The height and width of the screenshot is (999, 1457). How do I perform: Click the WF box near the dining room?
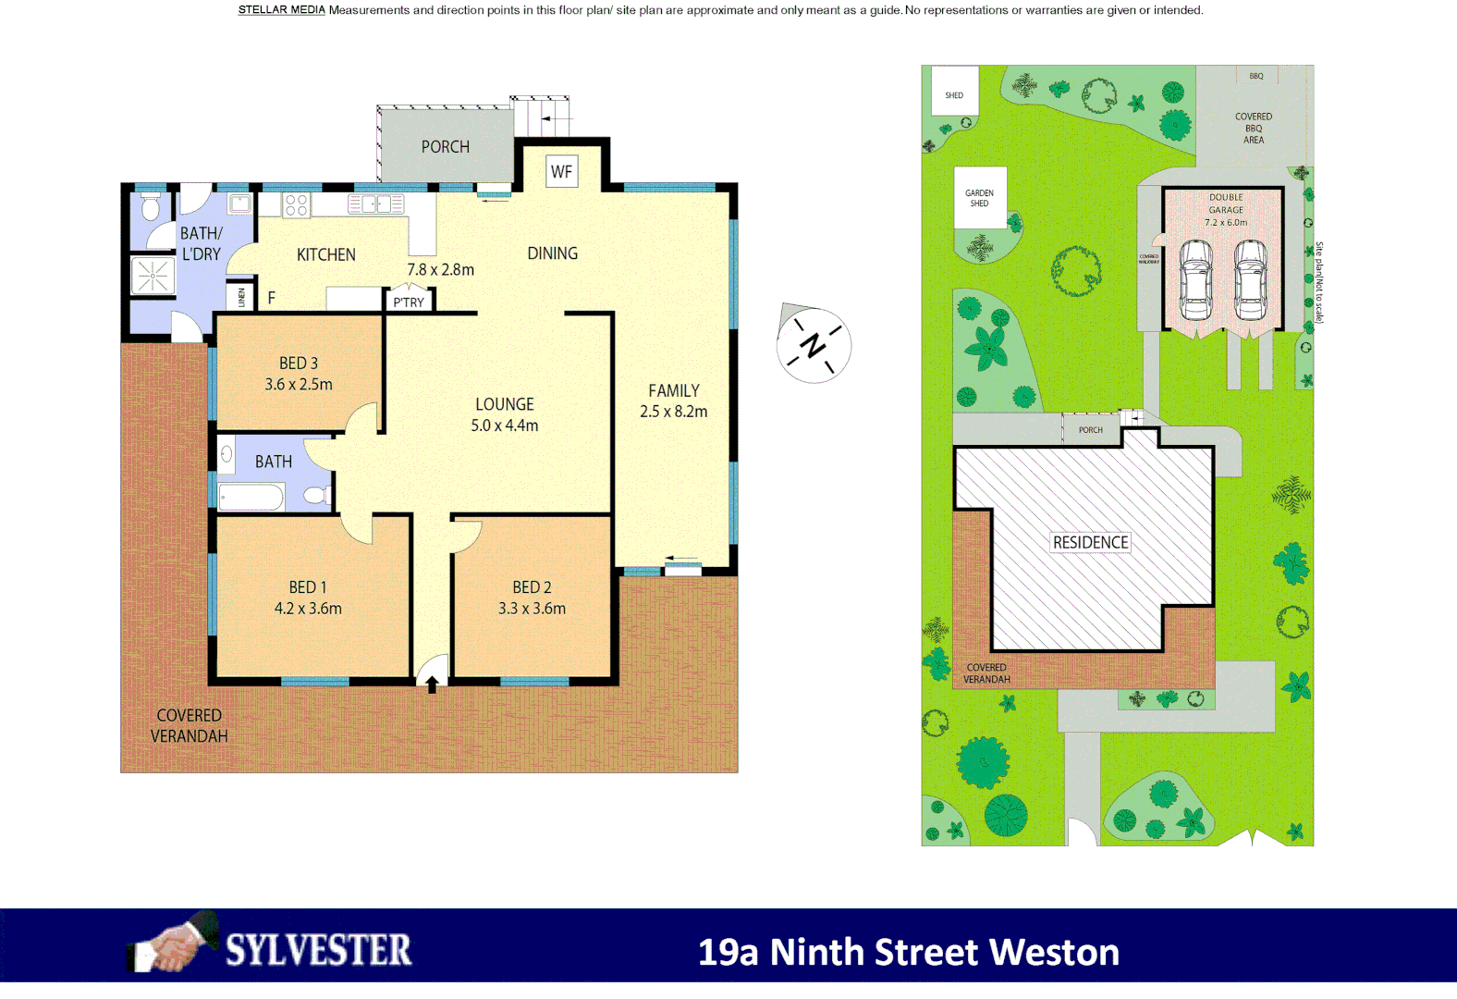point(561,171)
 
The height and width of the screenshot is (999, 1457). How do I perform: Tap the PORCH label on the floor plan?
point(445,147)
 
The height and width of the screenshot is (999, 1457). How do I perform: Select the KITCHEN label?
point(325,254)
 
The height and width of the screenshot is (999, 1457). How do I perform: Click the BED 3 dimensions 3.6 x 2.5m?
point(299,384)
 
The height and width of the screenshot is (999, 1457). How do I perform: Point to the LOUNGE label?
point(505,404)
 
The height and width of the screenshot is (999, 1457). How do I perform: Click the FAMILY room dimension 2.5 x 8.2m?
point(673,412)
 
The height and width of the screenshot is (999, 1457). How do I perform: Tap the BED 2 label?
point(532,587)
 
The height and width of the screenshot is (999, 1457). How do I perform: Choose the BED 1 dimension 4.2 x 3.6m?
point(308,609)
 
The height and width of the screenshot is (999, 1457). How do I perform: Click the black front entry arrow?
point(432,684)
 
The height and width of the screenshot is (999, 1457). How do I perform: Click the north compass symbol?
point(814,344)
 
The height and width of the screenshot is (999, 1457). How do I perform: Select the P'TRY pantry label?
point(409,302)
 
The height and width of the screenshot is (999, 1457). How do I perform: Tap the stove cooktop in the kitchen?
point(296,204)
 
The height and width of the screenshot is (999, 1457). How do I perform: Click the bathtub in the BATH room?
point(251,498)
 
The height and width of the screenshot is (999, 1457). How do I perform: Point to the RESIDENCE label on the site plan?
point(1090,542)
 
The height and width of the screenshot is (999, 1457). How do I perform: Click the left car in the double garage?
point(1195,280)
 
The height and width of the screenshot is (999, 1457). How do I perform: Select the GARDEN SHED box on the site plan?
point(980,198)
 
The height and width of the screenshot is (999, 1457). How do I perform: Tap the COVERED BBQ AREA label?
point(1254,129)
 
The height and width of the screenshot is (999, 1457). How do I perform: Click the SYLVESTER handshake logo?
point(171,945)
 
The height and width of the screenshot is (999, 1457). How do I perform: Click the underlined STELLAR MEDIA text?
point(281,10)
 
